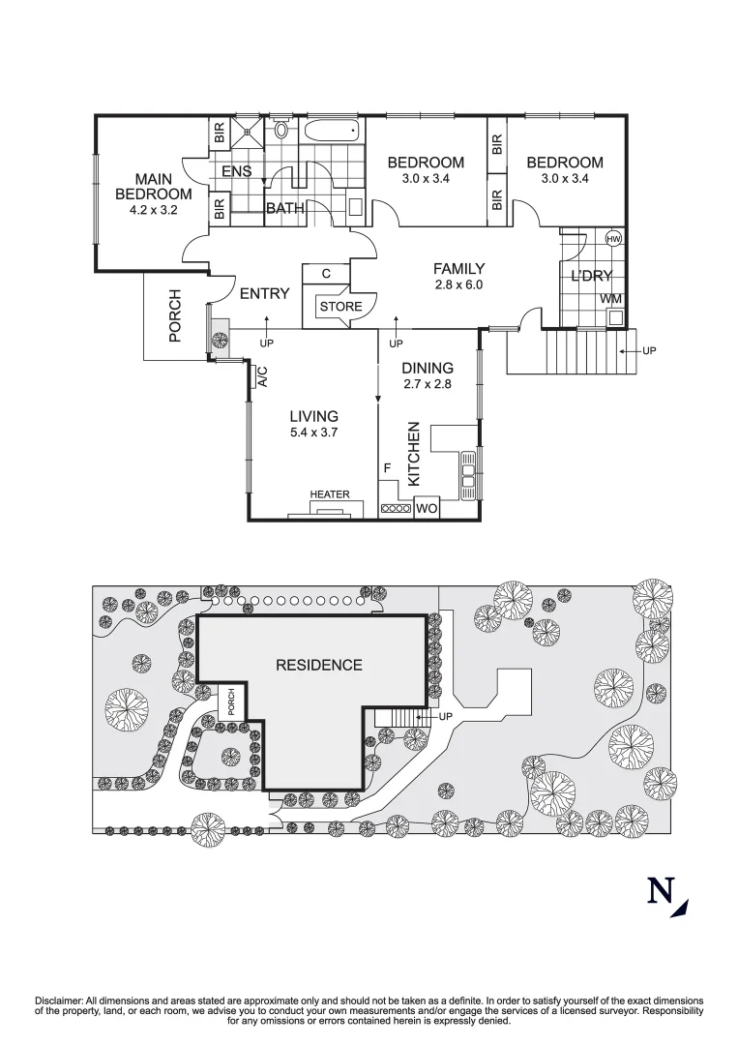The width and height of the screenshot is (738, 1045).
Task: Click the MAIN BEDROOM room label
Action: click(154, 187)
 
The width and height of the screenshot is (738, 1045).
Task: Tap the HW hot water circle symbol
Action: click(612, 239)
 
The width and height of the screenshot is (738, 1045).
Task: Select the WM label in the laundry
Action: click(610, 299)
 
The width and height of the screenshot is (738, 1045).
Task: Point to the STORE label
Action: click(340, 307)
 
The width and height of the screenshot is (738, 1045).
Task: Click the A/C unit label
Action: click(260, 376)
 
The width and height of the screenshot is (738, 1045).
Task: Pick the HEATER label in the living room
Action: click(330, 494)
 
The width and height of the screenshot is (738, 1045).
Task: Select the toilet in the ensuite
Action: click(281, 129)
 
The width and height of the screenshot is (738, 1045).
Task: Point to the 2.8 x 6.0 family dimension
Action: click(458, 284)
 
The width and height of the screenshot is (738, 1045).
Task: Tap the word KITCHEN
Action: click(413, 453)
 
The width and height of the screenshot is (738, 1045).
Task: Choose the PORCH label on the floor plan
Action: click(175, 315)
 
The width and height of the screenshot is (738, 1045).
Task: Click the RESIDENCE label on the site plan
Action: click(319, 665)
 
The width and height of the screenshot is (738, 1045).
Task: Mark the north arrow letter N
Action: click(661, 890)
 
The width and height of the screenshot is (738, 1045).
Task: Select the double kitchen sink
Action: click(469, 475)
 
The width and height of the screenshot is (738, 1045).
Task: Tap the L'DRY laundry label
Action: click(591, 277)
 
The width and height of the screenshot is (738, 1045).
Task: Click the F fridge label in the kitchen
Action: click(387, 468)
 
